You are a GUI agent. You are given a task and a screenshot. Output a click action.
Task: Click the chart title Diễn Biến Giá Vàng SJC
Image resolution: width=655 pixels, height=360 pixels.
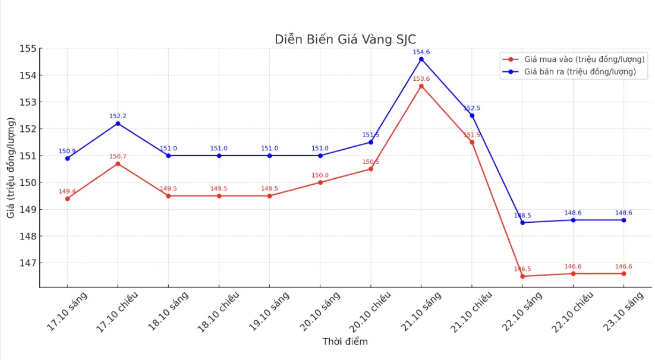[345, 39]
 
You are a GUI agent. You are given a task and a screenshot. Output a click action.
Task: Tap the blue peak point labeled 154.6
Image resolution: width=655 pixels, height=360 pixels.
[421, 59]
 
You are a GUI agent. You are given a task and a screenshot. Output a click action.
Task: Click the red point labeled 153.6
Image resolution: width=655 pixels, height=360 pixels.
[421, 86]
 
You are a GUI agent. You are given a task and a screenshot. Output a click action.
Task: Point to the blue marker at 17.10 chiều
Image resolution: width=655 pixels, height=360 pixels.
[118, 124]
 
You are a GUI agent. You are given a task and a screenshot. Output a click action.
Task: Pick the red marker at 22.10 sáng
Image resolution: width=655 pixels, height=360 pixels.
[522, 276]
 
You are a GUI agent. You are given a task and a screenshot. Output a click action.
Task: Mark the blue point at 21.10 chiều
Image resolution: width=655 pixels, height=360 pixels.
[472, 115]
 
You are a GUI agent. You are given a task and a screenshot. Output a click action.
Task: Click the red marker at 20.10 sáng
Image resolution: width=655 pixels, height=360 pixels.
[320, 182]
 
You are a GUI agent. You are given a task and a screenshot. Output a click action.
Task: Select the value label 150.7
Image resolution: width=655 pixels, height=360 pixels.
[118, 157]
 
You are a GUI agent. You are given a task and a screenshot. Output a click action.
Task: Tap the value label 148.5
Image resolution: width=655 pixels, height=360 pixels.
[522, 216]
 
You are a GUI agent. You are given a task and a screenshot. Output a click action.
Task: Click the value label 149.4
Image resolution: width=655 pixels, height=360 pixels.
[67, 191]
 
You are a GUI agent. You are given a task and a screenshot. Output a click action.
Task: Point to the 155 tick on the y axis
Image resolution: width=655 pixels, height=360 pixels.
[27, 49]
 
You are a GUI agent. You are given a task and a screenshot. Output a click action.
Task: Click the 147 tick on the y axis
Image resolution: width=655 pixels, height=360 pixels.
[27, 263]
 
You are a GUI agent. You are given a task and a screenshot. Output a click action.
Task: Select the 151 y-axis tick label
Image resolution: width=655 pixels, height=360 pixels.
[27, 156]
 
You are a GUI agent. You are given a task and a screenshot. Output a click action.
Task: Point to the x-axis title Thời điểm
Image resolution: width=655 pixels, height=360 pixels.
[345, 342]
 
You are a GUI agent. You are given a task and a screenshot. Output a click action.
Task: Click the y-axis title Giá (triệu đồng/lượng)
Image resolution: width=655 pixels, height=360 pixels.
[11, 168]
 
